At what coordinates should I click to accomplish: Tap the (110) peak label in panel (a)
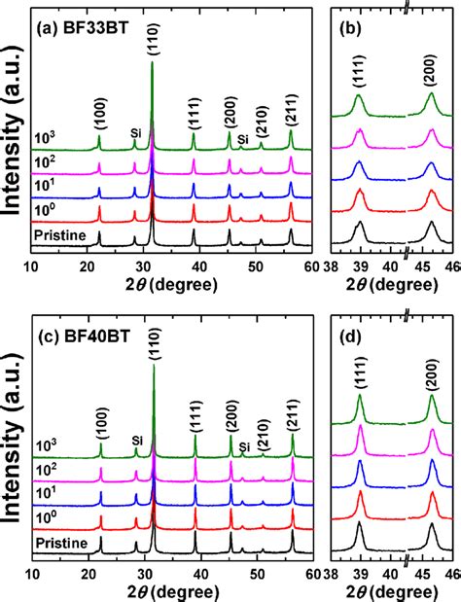click(153, 39)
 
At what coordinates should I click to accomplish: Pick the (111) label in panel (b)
click(359, 70)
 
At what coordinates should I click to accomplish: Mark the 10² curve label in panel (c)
click(45, 469)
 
